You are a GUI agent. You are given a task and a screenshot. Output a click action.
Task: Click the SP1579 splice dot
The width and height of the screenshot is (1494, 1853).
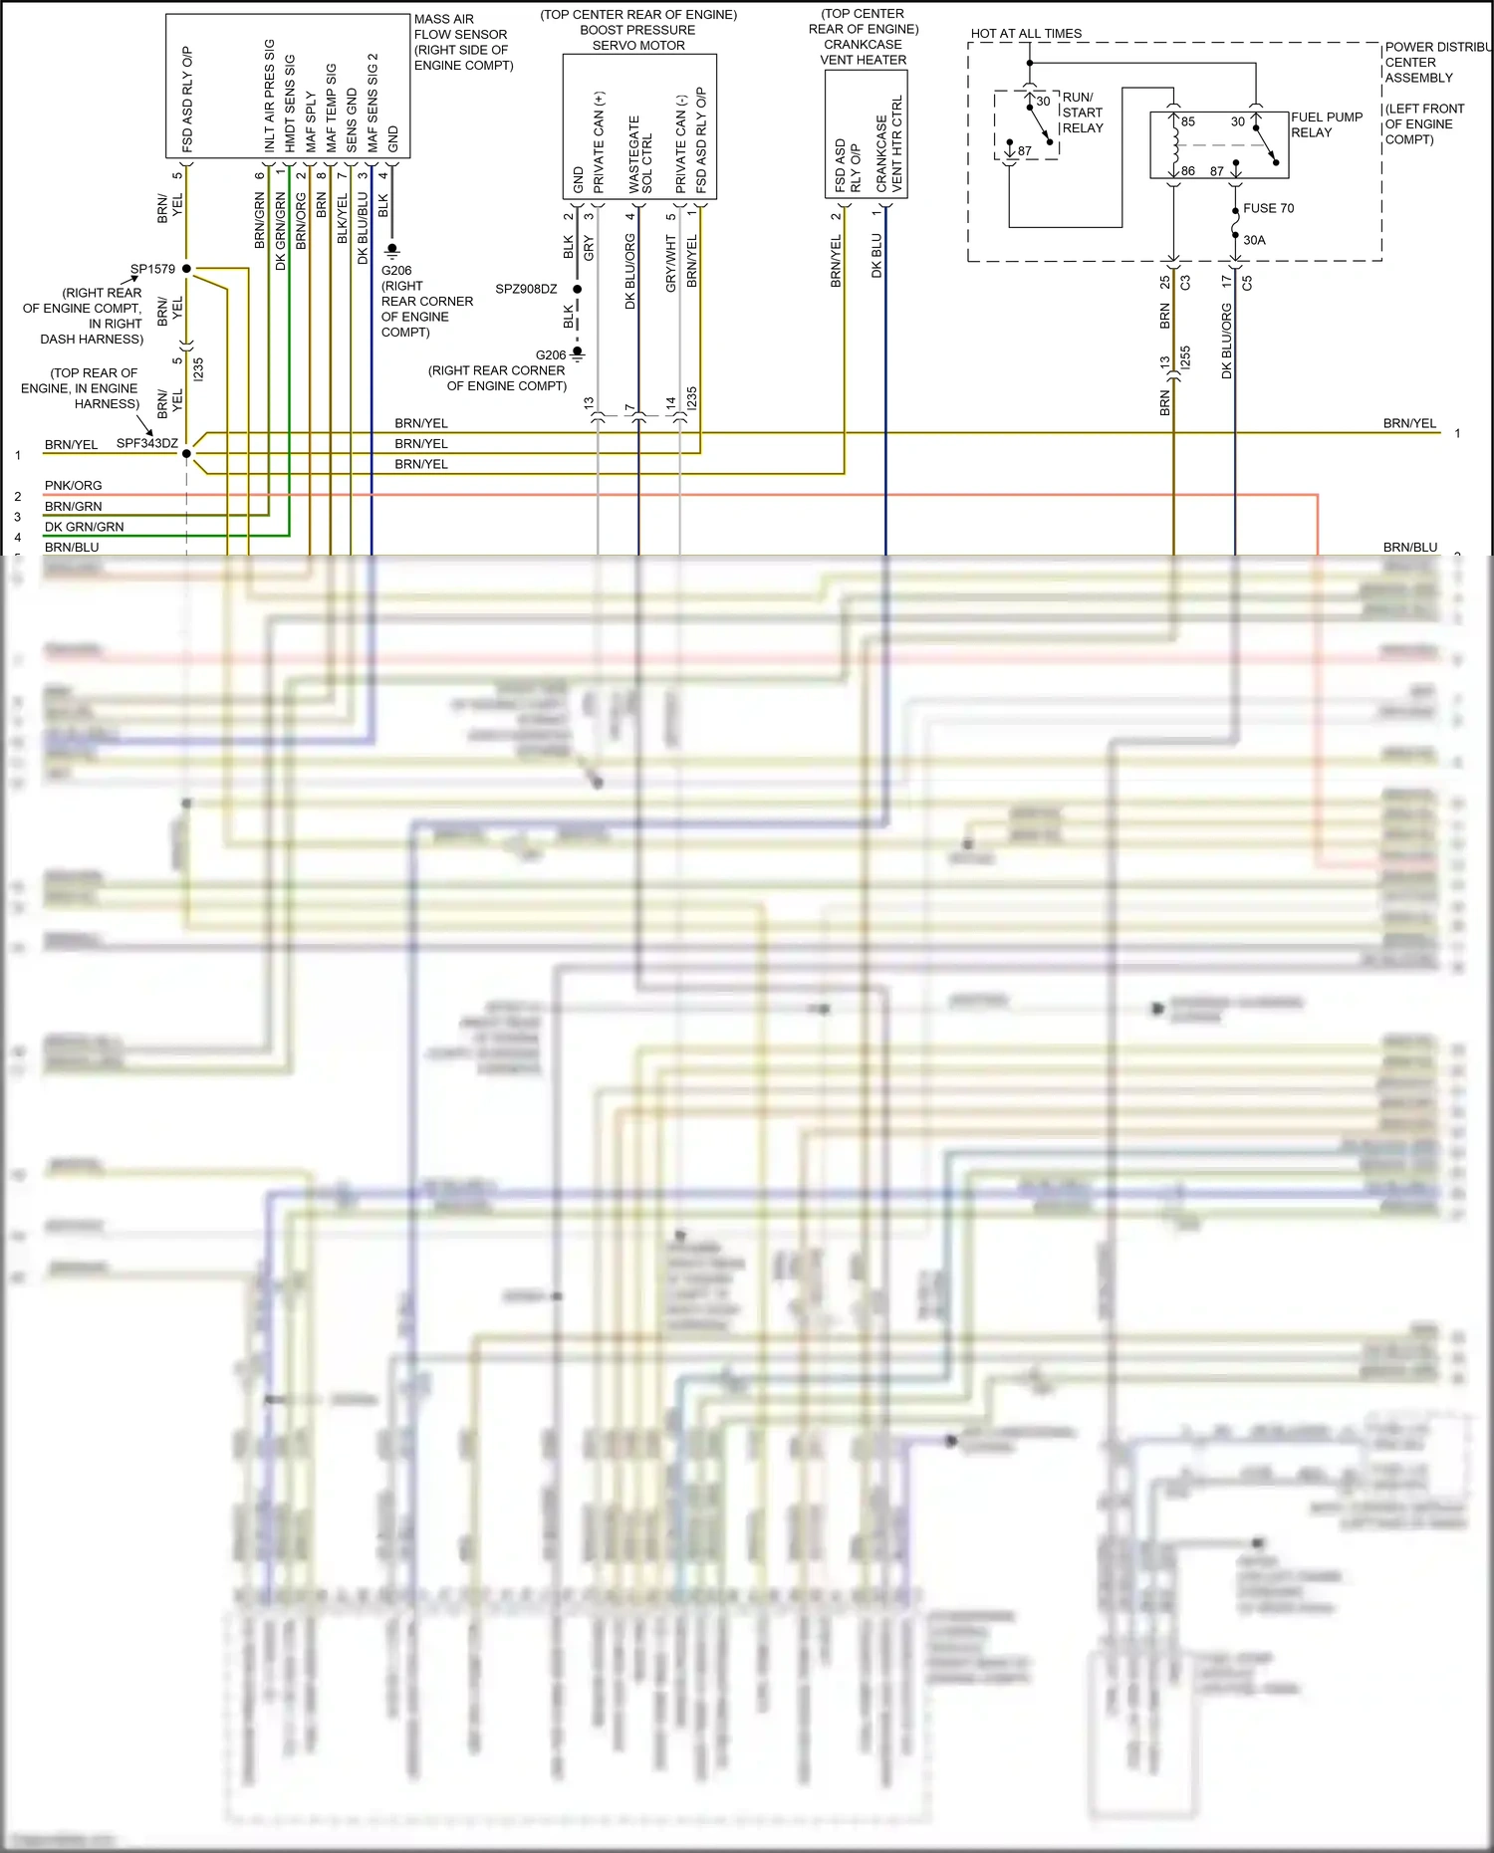click(186, 269)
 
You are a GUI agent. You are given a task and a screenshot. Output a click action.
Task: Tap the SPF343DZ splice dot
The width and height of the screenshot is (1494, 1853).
click(186, 454)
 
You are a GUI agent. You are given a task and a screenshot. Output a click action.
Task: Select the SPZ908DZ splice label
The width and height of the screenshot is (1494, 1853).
click(526, 289)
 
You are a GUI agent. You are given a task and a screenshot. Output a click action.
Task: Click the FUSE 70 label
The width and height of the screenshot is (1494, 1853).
click(1268, 208)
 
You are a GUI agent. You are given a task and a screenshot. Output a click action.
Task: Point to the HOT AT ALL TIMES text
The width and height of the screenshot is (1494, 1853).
click(1026, 34)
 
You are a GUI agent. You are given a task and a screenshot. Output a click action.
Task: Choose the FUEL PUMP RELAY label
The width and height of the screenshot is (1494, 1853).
click(1326, 124)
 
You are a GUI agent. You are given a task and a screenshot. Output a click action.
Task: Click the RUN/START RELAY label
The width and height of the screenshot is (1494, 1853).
click(1082, 113)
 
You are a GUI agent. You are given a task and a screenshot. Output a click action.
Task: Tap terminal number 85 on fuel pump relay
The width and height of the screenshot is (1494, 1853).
click(1187, 121)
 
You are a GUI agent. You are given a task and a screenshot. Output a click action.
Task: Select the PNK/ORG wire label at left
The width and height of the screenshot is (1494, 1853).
click(73, 486)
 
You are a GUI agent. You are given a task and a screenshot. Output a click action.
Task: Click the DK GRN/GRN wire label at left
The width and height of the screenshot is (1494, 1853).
click(84, 527)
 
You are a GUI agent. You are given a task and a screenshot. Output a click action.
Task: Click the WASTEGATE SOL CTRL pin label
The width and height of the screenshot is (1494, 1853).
click(640, 154)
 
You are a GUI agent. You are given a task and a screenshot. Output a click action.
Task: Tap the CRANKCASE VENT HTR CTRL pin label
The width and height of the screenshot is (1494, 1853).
click(888, 144)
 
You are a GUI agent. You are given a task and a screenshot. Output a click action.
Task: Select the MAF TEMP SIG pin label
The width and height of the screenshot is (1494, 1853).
click(331, 108)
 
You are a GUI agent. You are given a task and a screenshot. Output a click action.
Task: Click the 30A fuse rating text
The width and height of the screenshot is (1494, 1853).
click(1254, 240)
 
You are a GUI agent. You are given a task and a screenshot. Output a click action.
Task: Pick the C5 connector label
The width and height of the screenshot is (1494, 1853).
click(1246, 283)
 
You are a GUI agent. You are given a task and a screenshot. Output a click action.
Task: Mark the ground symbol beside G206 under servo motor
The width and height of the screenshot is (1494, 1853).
click(577, 352)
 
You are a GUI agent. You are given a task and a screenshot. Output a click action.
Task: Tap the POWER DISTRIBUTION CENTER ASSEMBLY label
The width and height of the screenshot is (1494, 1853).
click(1435, 62)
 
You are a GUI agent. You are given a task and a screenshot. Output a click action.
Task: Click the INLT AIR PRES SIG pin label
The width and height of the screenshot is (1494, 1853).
click(269, 96)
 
